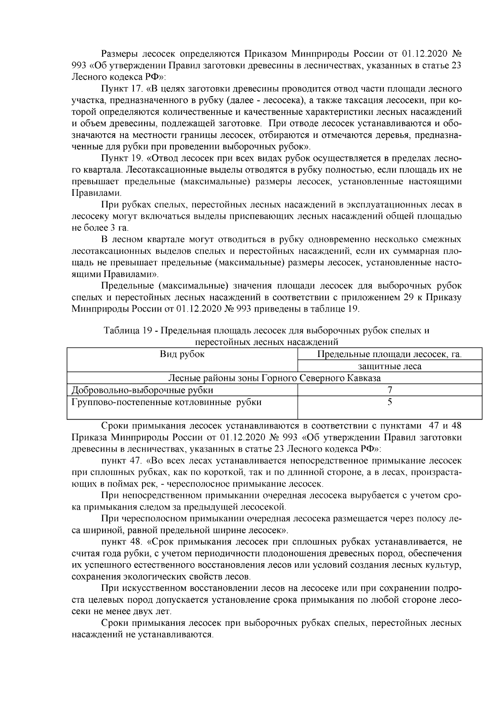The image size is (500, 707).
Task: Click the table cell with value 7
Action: pyautogui.click(x=390, y=390)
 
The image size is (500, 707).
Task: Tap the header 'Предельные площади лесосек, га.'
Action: pyautogui.click(x=390, y=355)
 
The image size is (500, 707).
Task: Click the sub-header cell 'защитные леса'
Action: pyautogui.click(x=390, y=366)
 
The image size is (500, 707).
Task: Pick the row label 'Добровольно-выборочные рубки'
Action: pyautogui.click(x=142, y=390)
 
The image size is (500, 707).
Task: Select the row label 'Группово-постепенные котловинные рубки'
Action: pyautogui.click(x=167, y=402)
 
